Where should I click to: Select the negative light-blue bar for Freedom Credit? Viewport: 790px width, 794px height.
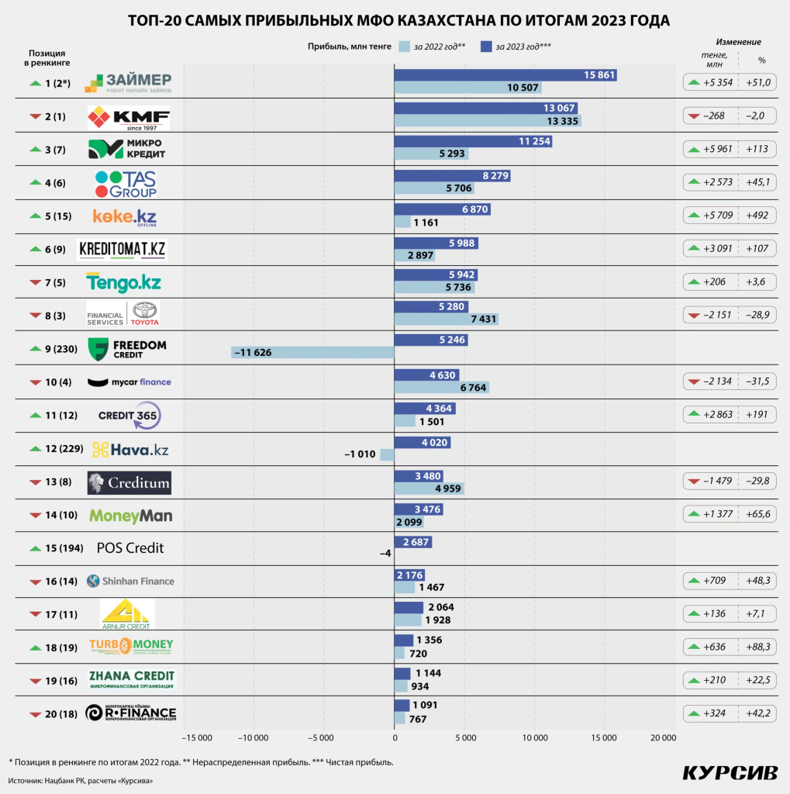pos(312,352)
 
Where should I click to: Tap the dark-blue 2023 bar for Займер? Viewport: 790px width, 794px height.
pos(505,75)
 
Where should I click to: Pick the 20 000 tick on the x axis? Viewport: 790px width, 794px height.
pos(664,737)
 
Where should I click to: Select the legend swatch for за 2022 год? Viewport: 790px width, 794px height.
pos(403,47)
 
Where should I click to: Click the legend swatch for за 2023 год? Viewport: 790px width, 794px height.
pos(487,47)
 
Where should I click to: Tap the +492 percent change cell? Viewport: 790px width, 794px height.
pos(756,216)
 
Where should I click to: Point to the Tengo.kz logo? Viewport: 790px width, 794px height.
pos(123,283)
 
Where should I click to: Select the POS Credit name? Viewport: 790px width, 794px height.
pos(130,548)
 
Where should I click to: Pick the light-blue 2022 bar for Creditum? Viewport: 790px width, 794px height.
pos(429,488)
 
